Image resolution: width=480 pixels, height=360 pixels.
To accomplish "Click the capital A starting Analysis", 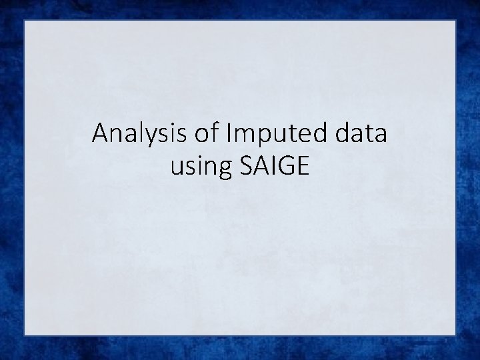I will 101,133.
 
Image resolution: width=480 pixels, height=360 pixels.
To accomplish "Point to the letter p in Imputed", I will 256,137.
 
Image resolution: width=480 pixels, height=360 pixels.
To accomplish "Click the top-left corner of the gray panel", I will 25,21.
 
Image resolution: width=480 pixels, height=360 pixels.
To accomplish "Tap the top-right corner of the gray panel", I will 455,21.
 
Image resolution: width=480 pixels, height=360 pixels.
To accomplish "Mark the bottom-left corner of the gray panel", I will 25,335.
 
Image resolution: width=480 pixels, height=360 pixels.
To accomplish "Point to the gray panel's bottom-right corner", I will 455,335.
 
